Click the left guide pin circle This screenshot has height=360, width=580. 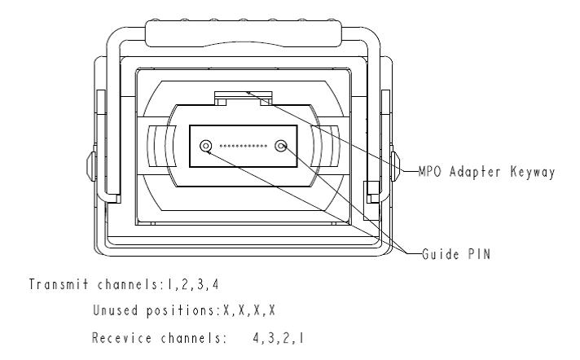coord(203,146)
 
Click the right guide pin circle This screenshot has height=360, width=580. coord(282,147)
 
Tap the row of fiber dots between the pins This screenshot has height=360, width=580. coord(243,147)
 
